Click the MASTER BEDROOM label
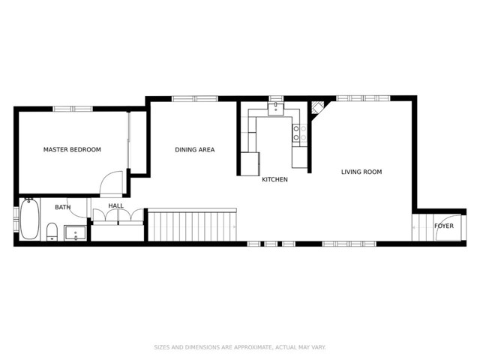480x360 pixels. [72, 150]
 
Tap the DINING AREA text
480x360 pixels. [195, 150]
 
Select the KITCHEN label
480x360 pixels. [274, 179]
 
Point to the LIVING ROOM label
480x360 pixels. [361, 172]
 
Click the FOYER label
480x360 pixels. [444, 225]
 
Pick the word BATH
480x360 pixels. [62, 208]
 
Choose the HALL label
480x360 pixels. [116, 205]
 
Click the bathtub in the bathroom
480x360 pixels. [29, 219]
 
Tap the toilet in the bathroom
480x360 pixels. [52, 230]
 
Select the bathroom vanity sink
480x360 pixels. [75, 232]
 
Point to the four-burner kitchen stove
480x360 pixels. [298, 133]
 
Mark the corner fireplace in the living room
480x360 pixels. [318, 108]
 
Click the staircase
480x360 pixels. [191, 226]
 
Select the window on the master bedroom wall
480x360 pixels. [73, 109]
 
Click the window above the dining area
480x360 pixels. [194, 98]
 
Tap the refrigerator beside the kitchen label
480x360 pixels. [249, 163]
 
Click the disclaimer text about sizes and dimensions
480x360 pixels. [240, 347]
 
